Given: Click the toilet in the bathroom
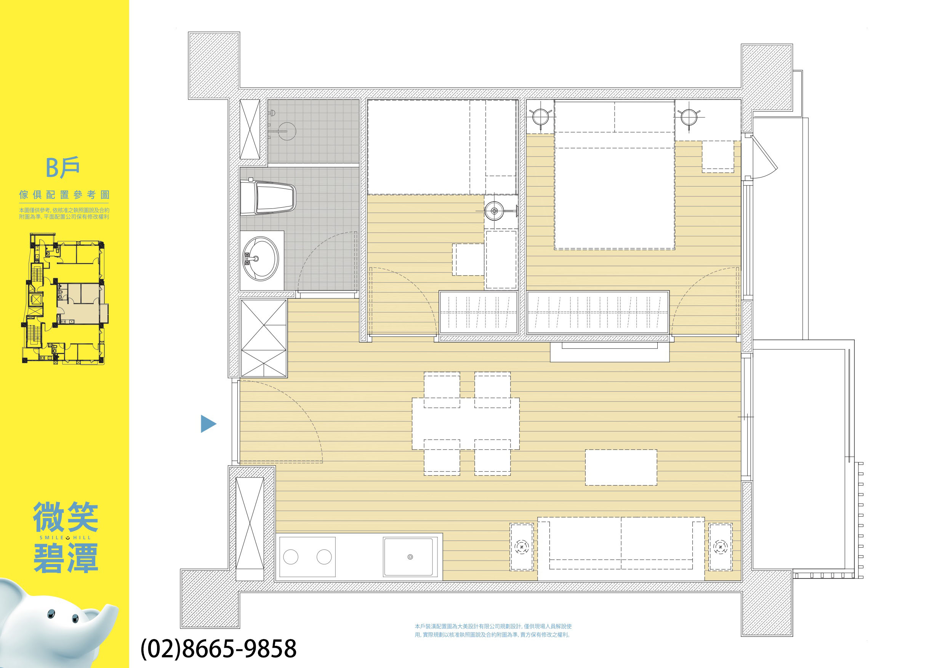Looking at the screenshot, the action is (267, 197).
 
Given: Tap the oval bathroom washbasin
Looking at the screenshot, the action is (261, 259).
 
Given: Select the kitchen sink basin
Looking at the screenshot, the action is (410, 557).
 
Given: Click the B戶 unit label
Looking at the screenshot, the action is (62, 168).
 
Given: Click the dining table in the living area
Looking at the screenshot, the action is (466, 423).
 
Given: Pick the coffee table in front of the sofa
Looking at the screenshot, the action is (621, 467).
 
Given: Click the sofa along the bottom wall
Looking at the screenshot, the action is (621, 549).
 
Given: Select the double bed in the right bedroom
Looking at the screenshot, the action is (615, 175).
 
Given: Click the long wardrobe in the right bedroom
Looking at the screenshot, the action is (598, 312).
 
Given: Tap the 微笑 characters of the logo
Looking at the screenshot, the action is (66, 517).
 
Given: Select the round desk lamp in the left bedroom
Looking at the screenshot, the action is (494, 211).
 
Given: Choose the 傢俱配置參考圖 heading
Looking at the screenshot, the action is (64, 195).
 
